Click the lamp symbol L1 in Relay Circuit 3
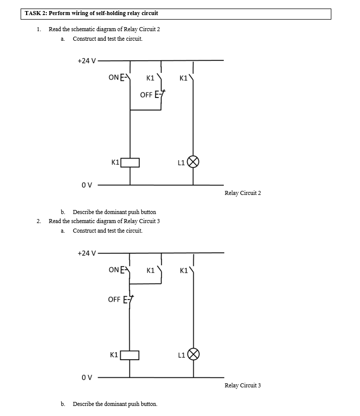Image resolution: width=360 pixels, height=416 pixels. coord(194,355)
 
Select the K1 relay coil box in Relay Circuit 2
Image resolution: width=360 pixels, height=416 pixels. coord(130,162)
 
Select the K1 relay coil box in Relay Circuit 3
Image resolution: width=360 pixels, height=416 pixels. coord(130,355)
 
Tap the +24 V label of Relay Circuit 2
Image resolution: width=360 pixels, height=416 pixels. coord(86,61)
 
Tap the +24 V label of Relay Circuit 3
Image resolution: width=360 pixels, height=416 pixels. coord(86,253)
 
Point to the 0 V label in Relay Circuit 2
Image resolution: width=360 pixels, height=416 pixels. coord(86,185)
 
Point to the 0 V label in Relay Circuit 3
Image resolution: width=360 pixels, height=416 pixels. coord(86,377)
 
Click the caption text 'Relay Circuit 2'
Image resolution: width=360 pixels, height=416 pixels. coord(243,193)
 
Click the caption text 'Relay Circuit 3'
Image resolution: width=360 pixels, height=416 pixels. coord(243,385)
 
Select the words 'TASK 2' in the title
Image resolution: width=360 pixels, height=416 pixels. coord(37,13)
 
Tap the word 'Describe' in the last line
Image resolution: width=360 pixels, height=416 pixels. coord(84,404)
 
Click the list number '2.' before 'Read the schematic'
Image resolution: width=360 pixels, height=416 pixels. coord(39,221)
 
